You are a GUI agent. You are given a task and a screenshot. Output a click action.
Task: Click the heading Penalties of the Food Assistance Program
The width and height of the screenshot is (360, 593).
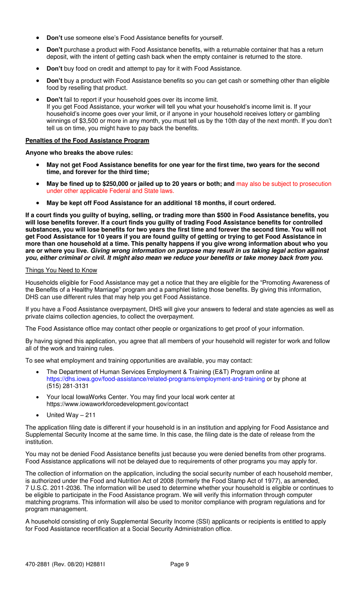pyautogui.click(x=87, y=141)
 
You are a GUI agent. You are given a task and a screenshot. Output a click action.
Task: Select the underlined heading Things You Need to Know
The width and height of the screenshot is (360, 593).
pyautogui.click(x=61, y=270)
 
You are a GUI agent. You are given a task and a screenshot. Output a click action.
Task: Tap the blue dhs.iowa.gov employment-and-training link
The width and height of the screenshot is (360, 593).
pyautogui.click(x=155, y=379)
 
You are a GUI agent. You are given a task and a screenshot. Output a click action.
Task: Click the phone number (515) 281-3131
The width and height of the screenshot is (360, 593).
pyautogui.click(x=67, y=386)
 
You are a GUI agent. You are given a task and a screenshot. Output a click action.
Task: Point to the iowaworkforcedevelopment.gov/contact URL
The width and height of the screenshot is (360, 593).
pyautogui.click(x=117, y=404)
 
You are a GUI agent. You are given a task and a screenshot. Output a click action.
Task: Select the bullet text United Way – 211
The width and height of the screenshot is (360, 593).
pyautogui.click(x=71, y=415)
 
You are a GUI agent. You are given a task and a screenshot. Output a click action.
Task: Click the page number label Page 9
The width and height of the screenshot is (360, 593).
pyautogui.click(x=179, y=565)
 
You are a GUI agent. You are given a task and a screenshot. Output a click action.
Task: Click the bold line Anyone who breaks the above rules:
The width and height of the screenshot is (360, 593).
pyautogui.click(x=79, y=153)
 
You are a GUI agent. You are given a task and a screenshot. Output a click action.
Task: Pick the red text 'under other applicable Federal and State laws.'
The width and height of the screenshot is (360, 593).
pyautogui.click(x=110, y=191)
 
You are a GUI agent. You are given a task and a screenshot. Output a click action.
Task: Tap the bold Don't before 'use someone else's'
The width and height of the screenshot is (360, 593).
pyautogui.click(x=54, y=38)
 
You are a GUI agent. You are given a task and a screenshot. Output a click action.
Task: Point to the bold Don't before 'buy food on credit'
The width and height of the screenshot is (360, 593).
pyautogui.click(x=54, y=69)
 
